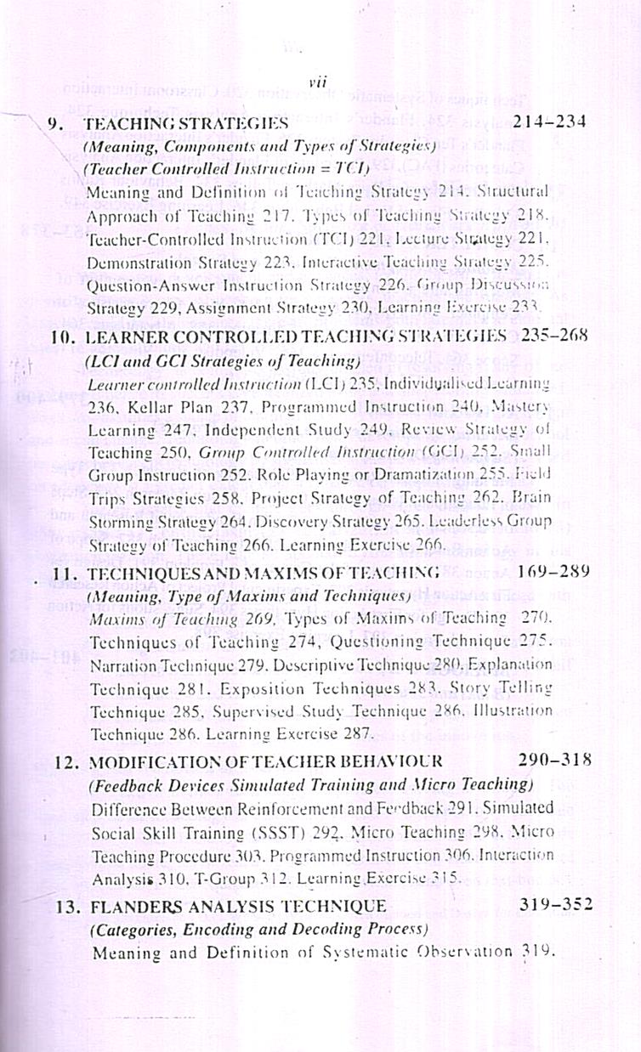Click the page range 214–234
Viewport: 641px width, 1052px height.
tap(549, 122)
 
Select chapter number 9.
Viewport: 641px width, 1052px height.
tap(55, 123)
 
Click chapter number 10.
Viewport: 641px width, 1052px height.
tap(63, 337)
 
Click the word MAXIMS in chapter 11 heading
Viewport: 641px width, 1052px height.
tap(248, 574)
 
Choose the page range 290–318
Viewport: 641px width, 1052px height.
tap(555, 759)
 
